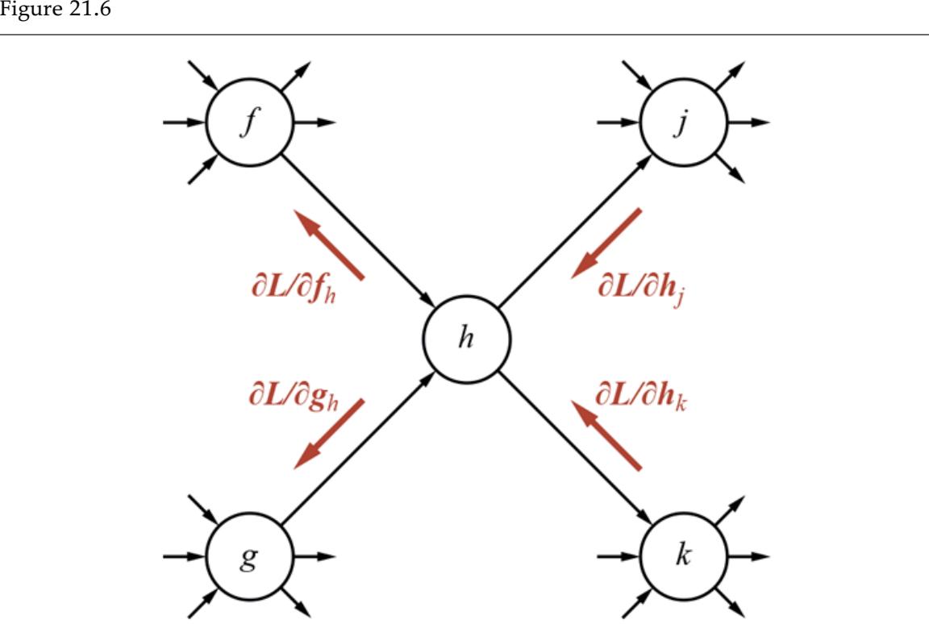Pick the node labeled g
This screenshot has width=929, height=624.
click(x=250, y=556)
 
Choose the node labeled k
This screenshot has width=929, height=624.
click(x=684, y=556)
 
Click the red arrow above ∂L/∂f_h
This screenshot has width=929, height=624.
click(x=328, y=244)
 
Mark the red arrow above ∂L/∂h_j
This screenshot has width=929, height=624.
click(x=606, y=243)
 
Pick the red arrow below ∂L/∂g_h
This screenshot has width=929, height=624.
click(x=328, y=434)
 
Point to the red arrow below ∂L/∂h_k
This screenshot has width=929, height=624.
click(x=606, y=434)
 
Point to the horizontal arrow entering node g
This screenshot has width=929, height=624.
click(x=184, y=556)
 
